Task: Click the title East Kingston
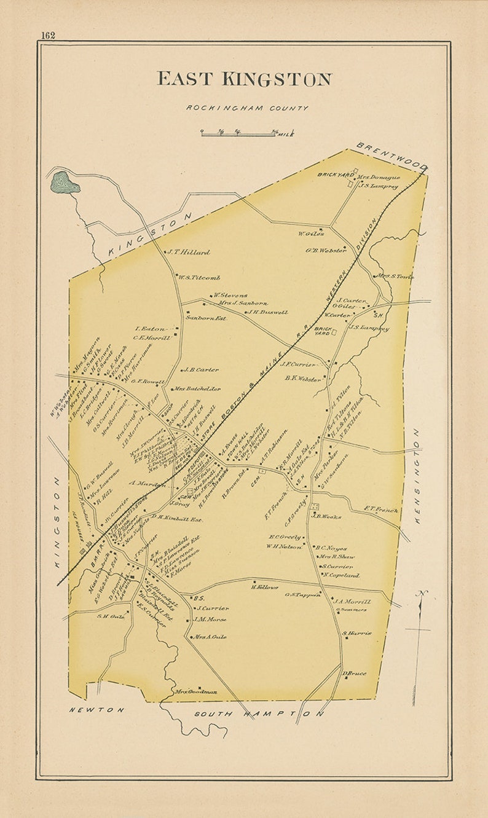click(x=244, y=79)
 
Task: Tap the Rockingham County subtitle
click(x=247, y=108)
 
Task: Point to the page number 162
click(x=48, y=35)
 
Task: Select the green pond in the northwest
click(x=64, y=182)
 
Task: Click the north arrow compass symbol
click(x=420, y=633)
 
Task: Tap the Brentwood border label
click(x=391, y=156)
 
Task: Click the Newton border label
click(x=96, y=710)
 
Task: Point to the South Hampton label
click(x=259, y=714)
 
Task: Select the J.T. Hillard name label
click(x=190, y=252)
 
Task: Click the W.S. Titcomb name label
click(x=200, y=278)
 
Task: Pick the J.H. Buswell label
click(x=268, y=312)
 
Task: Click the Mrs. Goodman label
click(x=197, y=691)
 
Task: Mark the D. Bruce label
click(x=355, y=674)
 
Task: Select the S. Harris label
click(x=357, y=633)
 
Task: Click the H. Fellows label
click(x=265, y=588)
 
